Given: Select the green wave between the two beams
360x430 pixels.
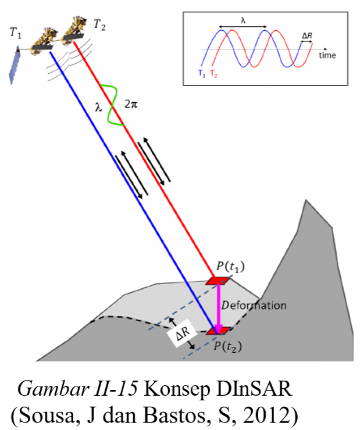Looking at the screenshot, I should (111, 105).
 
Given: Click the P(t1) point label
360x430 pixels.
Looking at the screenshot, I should (230, 267).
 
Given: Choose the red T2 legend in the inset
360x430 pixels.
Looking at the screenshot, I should (214, 74).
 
